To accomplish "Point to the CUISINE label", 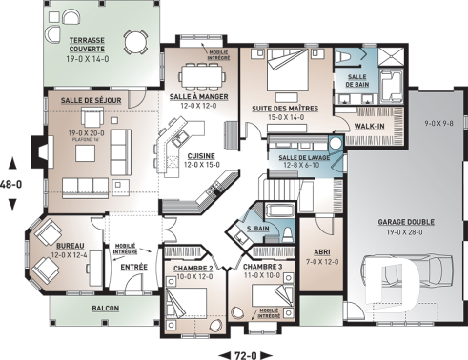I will pyautogui.click(x=200, y=155).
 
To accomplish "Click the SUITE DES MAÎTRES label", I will pyautogui.click(x=283, y=110).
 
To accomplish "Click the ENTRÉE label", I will pyautogui.click(x=133, y=267).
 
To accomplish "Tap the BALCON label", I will pyautogui.click(x=107, y=310).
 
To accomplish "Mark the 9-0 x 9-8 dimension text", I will pyautogui.click(x=436, y=122).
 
